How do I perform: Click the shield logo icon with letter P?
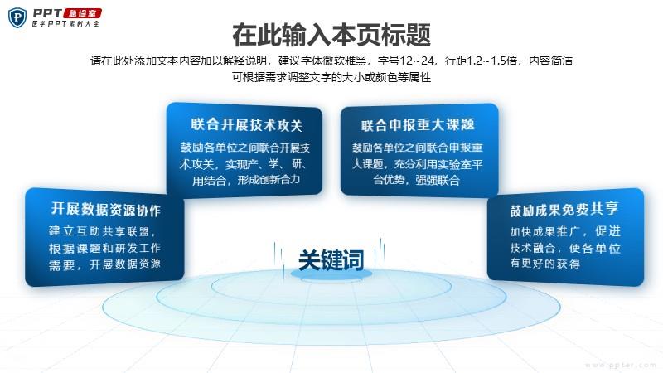(x=17, y=17)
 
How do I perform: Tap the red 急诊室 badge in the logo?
(x=83, y=13)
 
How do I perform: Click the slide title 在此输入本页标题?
(x=331, y=35)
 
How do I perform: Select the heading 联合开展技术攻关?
(x=246, y=125)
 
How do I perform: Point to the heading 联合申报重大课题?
(x=418, y=125)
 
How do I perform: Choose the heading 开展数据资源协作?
(x=106, y=210)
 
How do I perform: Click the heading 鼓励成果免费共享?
(x=564, y=210)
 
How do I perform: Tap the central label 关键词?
(x=331, y=259)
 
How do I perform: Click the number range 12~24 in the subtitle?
(x=418, y=61)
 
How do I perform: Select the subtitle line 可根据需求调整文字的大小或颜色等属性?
(x=331, y=77)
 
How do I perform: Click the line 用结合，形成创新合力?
(x=246, y=180)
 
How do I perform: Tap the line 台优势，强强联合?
(x=417, y=180)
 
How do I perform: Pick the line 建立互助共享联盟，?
(x=102, y=231)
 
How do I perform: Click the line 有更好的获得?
(x=544, y=264)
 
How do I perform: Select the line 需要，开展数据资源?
(x=104, y=264)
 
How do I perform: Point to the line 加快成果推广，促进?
(x=565, y=231)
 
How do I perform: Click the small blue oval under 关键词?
(x=331, y=274)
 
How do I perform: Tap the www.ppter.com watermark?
(x=621, y=365)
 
